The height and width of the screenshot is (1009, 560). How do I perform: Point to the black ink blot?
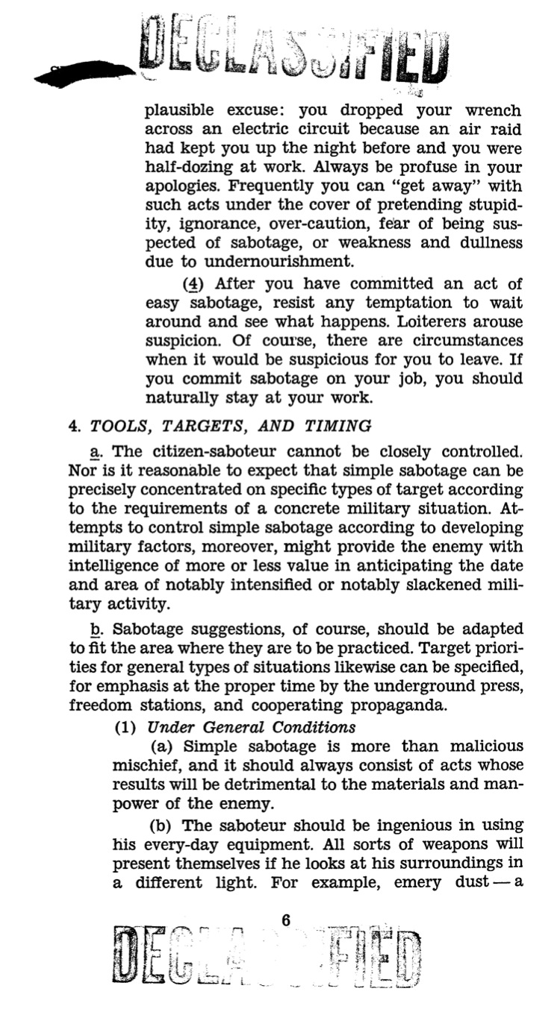[x=82, y=72]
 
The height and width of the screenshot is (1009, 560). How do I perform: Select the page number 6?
[x=286, y=921]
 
